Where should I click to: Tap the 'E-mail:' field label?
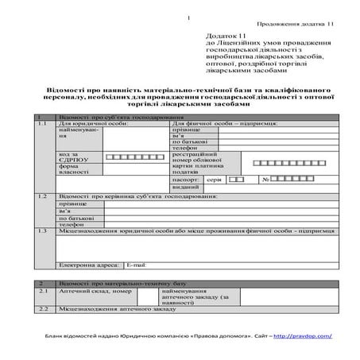tap(136, 264)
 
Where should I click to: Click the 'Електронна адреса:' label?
tap(88, 264)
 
